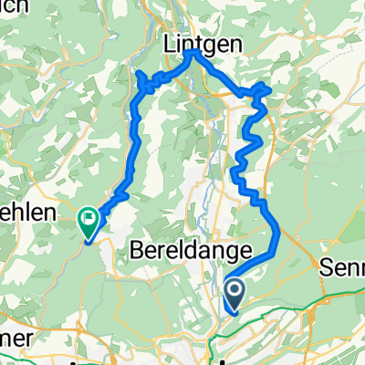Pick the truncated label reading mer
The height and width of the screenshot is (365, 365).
coord(16,337)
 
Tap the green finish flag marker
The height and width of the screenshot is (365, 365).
coord(89,218)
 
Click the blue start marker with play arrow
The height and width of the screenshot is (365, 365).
coord(234,293)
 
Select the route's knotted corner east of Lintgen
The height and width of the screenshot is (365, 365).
coord(262,90)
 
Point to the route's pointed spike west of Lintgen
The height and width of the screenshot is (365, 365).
coord(142,73)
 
